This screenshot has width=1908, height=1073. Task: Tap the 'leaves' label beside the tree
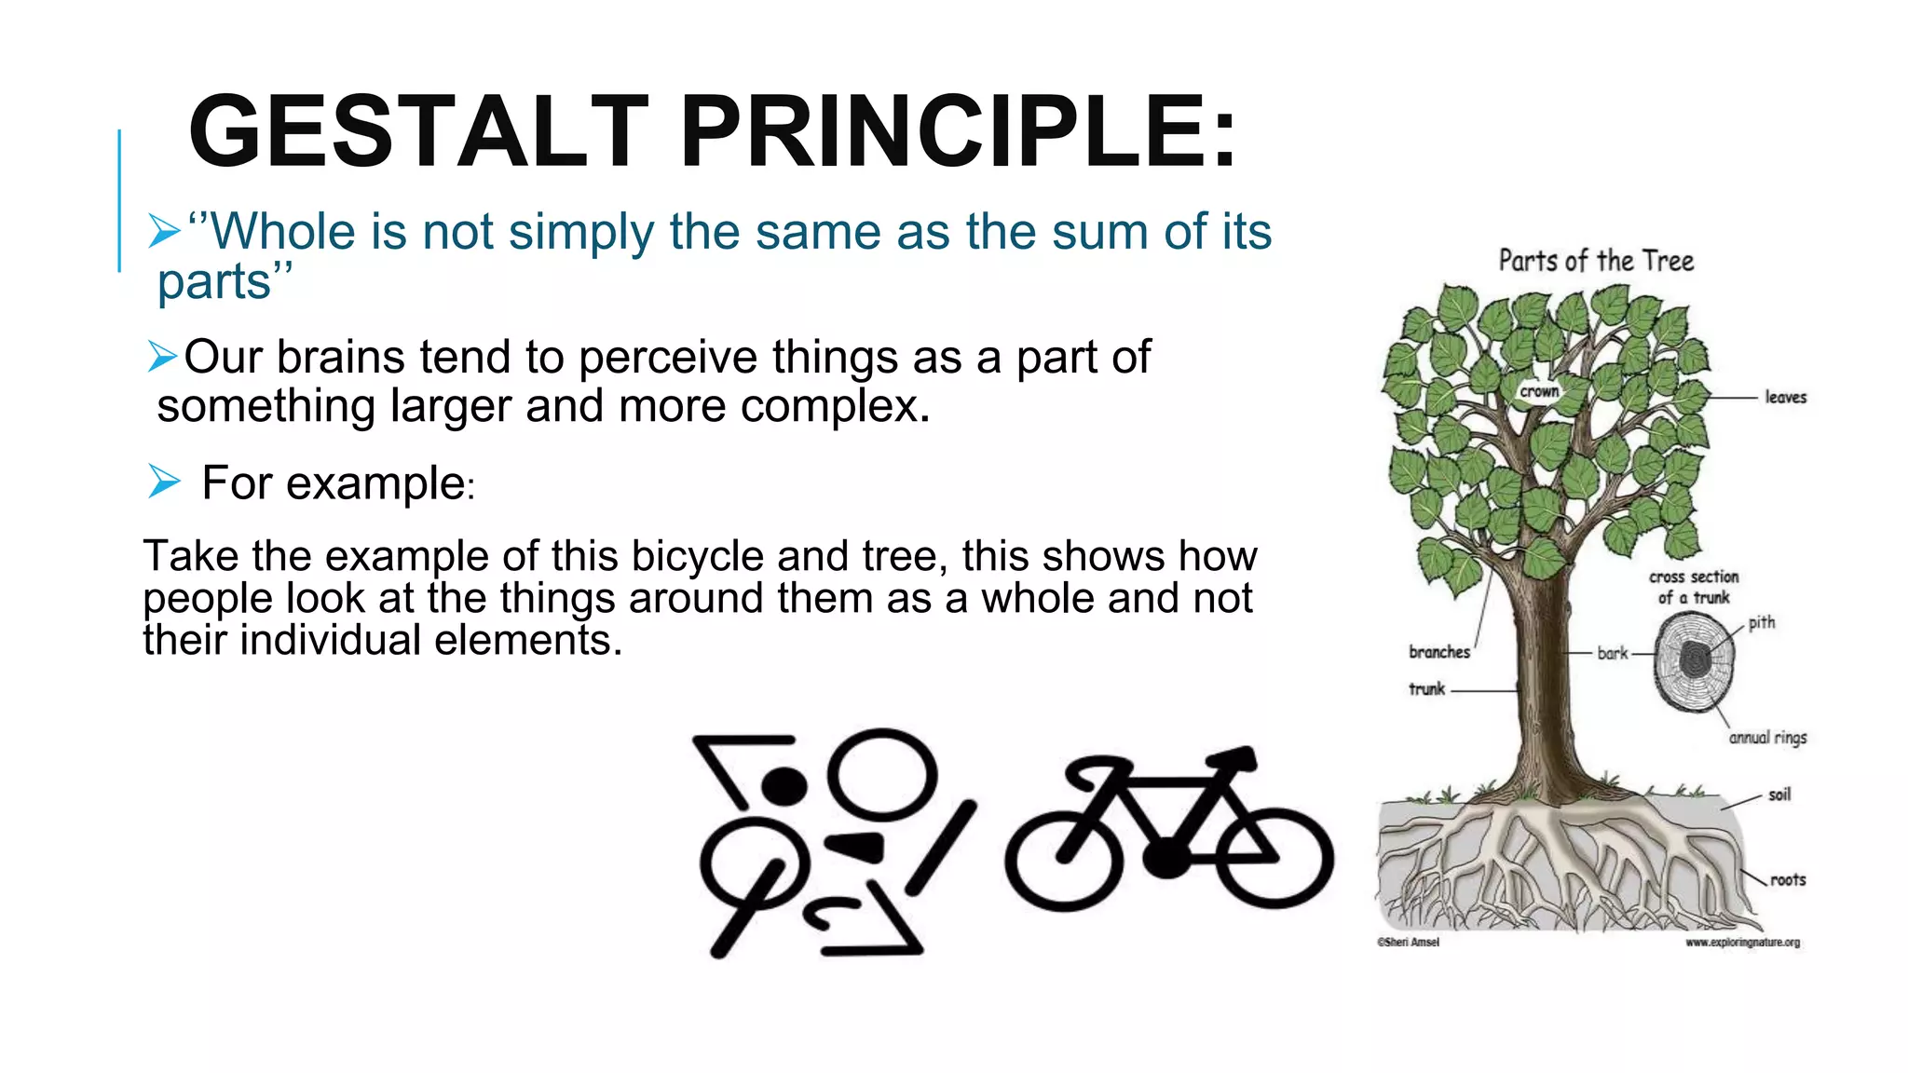click(1785, 398)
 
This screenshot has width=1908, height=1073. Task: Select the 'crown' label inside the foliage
click(1539, 391)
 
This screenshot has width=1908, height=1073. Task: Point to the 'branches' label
click(1439, 652)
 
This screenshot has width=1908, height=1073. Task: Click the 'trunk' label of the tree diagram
click(1426, 689)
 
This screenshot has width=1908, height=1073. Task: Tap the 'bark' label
click(1612, 653)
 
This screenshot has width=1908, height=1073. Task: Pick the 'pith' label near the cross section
click(1761, 622)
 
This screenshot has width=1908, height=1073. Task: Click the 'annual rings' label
click(1767, 738)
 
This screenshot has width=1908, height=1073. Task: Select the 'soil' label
click(1779, 795)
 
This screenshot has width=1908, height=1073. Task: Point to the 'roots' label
click(1787, 879)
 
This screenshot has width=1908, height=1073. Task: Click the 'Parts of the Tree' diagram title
click(1596, 261)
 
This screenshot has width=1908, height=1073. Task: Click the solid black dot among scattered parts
click(784, 785)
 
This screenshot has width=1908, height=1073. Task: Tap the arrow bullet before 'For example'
click(164, 482)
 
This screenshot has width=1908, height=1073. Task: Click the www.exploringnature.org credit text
click(1742, 943)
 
